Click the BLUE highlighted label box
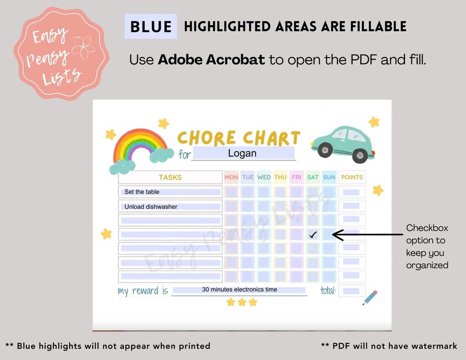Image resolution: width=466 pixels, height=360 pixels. [151, 27]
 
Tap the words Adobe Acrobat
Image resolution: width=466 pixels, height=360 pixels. [211, 60]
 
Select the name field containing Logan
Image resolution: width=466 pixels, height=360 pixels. [243, 153]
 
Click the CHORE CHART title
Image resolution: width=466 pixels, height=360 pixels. [238, 138]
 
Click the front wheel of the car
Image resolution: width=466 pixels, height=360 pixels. [360, 156]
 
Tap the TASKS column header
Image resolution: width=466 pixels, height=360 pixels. [170, 177]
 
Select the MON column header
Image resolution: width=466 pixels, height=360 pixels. [231, 177]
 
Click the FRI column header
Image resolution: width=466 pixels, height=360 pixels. [296, 177]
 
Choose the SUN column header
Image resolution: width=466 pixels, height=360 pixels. [329, 177]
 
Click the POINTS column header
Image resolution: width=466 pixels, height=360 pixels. [352, 177]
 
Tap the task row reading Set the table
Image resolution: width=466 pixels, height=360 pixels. [170, 192]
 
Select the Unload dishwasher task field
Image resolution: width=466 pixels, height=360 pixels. [170, 207]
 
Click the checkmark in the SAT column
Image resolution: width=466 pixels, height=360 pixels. [313, 234]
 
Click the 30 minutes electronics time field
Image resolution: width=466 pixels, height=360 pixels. [239, 290]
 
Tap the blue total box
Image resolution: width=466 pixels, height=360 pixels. [351, 291]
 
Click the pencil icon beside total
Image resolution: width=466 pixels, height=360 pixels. [370, 297]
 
